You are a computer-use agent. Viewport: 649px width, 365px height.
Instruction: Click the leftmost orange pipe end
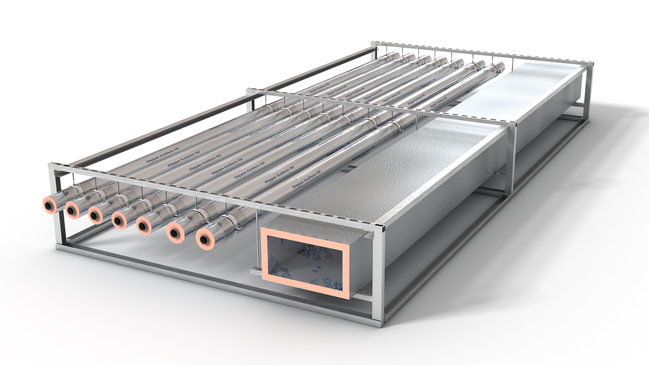tap(49, 205)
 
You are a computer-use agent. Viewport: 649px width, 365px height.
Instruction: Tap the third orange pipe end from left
tap(97, 214)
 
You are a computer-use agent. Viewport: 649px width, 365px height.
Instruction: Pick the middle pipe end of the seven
tap(121, 220)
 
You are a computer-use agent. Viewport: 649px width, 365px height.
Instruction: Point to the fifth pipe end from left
tap(145, 226)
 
